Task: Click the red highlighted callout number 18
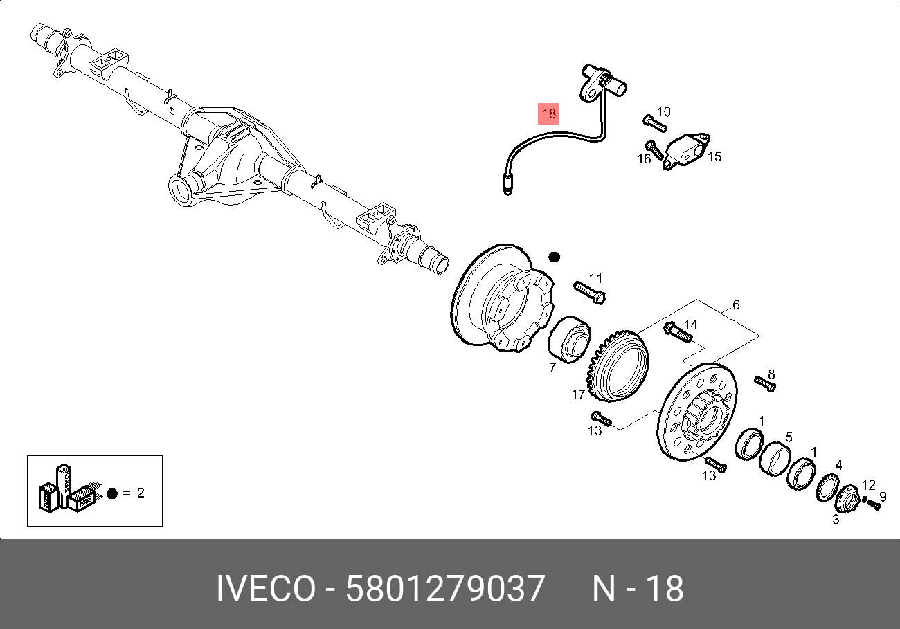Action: point(548,113)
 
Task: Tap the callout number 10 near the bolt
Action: point(663,111)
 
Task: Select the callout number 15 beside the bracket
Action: point(714,156)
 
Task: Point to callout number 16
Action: point(644,159)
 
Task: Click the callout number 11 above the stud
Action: point(596,278)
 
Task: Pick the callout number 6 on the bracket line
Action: point(736,305)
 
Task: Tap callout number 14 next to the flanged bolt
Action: point(691,325)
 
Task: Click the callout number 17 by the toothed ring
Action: point(579,395)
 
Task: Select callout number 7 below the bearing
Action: point(552,367)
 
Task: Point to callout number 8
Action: point(771,375)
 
